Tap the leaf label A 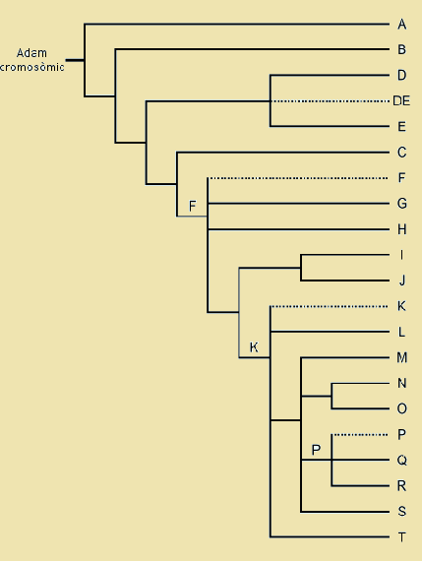pos(401,24)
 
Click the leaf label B pos(401,49)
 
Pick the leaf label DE pos(401,100)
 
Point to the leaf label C pos(401,153)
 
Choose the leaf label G pos(401,204)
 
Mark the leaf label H pos(401,229)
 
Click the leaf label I pos(401,255)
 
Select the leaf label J pos(401,281)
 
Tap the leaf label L pos(401,332)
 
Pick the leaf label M pos(401,357)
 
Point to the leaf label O pos(401,408)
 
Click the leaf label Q pos(401,460)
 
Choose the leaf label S pos(401,512)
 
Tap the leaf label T pos(401,537)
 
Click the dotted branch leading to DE pos(330,100)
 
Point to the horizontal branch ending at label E pos(330,126)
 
